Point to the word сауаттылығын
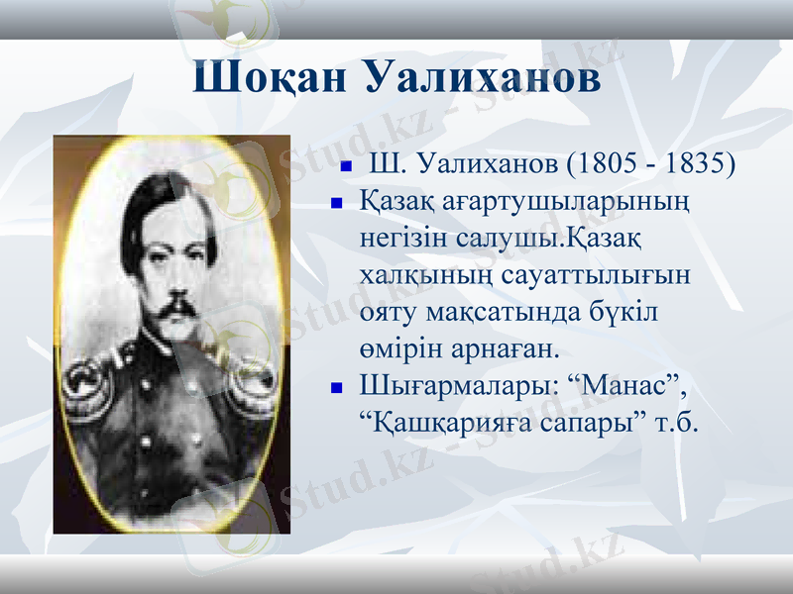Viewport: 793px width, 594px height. click(599, 275)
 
